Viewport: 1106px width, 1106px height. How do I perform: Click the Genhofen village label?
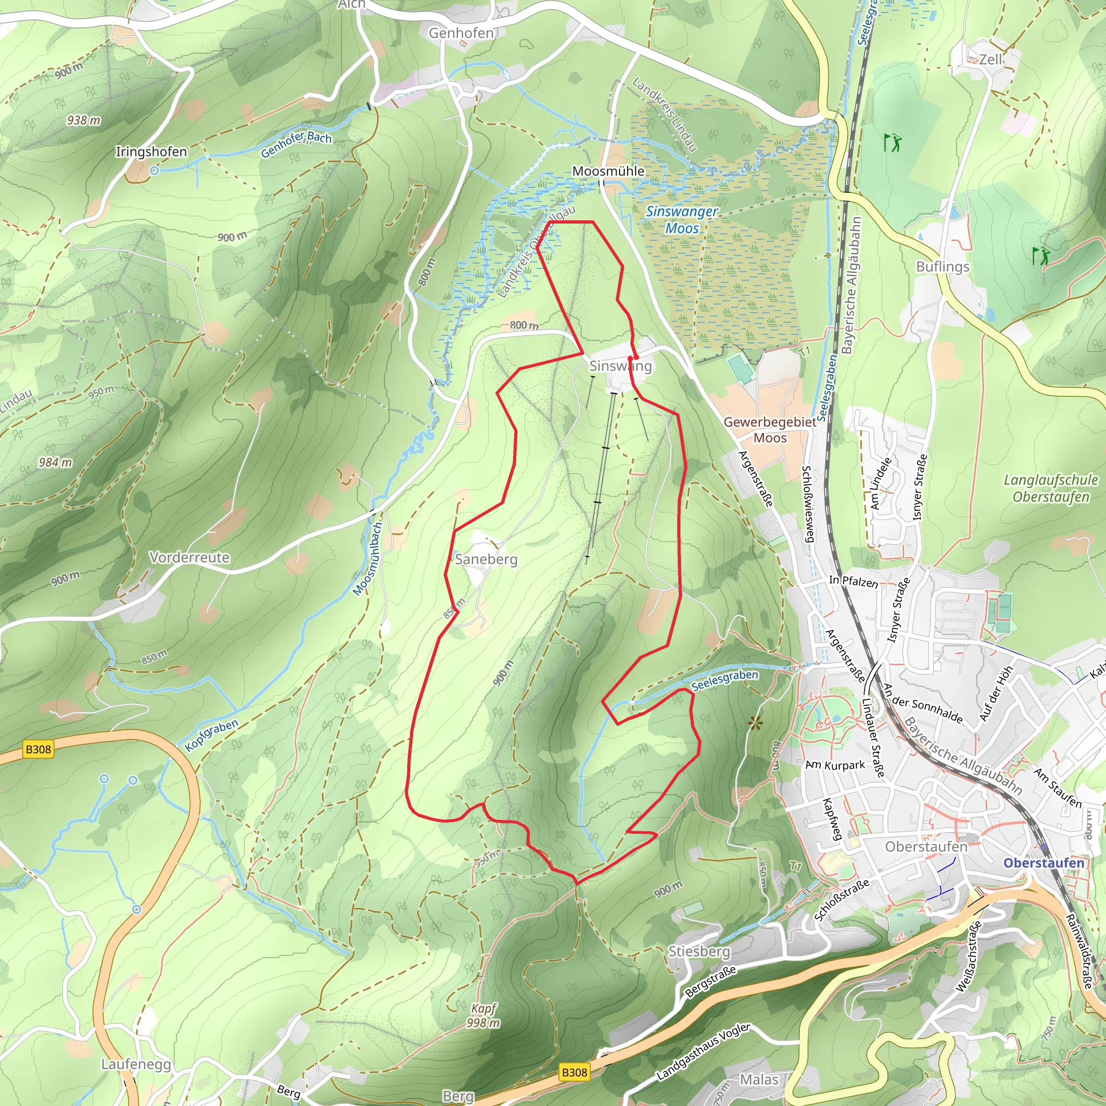click(461, 33)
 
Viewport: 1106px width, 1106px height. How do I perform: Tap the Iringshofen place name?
click(151, 152)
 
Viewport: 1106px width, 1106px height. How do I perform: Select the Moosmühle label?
click(608, 171)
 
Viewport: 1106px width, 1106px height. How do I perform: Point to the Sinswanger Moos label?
click(682, 220)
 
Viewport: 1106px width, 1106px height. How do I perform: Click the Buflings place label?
click(942, 267)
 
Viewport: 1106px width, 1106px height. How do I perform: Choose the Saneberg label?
click(486, 559)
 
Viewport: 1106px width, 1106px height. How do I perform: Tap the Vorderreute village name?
click(189, 557)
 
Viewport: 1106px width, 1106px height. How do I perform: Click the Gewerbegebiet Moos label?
click(770, 430)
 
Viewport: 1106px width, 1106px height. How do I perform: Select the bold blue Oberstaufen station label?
click(1043, 862)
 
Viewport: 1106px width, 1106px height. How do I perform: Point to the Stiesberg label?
click(699, 952)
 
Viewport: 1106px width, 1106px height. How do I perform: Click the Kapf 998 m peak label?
click(484, 1016)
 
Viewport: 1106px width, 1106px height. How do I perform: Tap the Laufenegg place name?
click(136, 1064)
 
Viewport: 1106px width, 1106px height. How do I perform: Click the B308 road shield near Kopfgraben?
click(38, 750)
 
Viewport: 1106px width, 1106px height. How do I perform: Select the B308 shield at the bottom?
click(574, 1072)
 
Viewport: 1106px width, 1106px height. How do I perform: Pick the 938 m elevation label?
click(84, 120)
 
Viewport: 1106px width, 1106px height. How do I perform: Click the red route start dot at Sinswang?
click(636, 357)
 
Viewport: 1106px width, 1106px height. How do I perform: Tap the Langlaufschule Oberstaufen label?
click(1050, 488)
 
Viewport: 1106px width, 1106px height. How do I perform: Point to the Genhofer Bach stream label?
click(296, 144)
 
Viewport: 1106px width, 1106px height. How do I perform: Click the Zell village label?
click(990, 59)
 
